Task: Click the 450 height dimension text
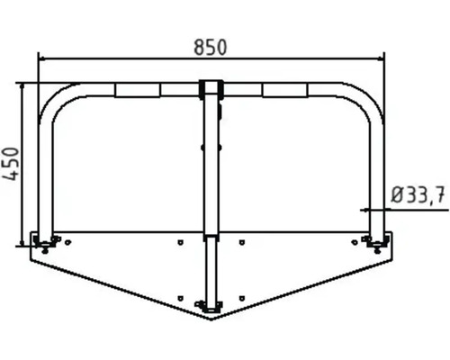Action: pyautogui.click(x=12, y=165)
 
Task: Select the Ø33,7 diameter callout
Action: pyautogui.click(x=418, y=194)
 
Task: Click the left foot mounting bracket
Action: pyautogui.click(x=44, y=240)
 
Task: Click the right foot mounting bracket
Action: pyautogui.click(x=376, y=240)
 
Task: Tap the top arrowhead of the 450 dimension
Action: pyautogui.click(x=22, y=86)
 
